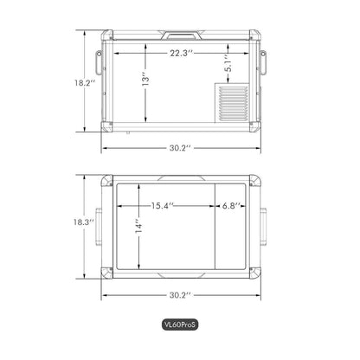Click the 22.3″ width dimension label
(181, 53)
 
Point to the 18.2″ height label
(85, 83)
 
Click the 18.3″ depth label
(84, 222)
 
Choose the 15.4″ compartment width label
(163, 206)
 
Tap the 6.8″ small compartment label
(231, 206)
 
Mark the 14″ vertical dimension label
(138, 228)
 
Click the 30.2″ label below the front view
(180, 148)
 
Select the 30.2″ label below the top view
(180, 295)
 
